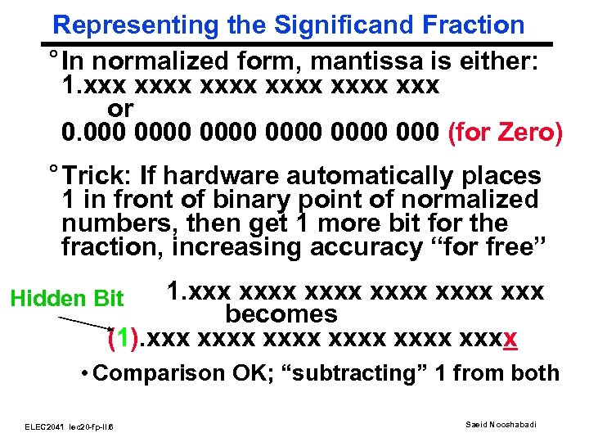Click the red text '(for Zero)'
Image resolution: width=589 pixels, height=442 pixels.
(506, 131)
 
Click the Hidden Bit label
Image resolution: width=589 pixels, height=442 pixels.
(67, 299)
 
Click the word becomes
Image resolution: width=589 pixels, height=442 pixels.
(281, 314)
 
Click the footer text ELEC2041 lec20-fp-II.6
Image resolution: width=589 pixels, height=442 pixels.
(70, 426)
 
